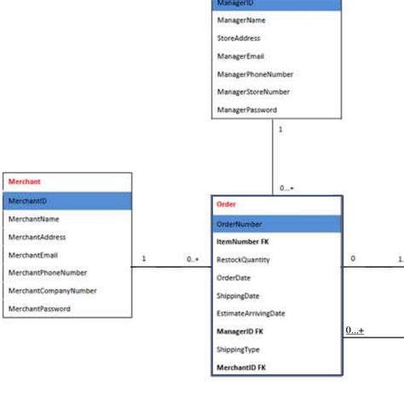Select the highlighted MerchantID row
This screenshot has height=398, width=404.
click(27, 200)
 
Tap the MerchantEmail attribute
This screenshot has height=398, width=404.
click(32, 255)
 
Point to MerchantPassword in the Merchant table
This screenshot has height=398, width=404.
click(39, 309)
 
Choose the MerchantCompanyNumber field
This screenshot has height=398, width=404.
click(52, 291)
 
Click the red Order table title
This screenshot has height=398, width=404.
click(226, 205)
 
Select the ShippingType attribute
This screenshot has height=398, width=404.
click(239, 349)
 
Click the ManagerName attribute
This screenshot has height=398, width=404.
click(240, 20)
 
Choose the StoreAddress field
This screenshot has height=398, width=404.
click(239, 38)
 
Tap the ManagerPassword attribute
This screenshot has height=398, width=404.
click(246, 111)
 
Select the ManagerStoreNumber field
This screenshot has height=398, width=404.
click(253, 92)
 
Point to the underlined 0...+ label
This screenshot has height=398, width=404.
click(355, 330)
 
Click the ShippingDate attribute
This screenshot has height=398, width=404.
click(240, 296)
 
